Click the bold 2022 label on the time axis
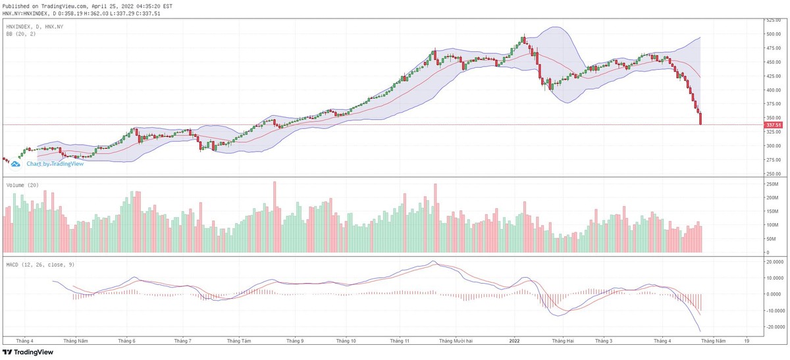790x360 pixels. click(x=515, y=342)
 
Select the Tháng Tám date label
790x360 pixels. click(x=238, y=342)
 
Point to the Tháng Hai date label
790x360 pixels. click(x=563, y=342)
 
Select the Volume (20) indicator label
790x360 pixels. click(x=22, y=186)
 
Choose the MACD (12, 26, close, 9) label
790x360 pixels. click(x=39, y=264)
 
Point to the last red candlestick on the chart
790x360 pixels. click(x=700, y=118)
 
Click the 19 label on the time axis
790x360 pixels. click(x=747, y=342)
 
